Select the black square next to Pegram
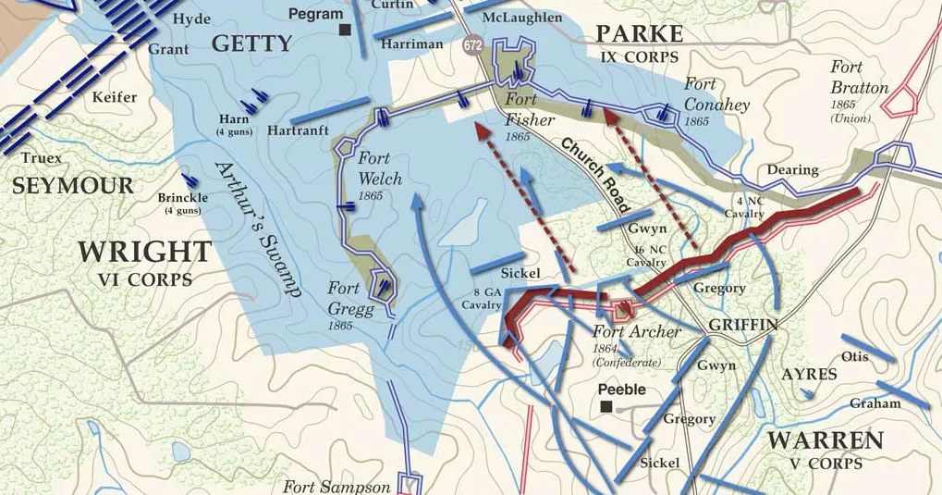click(x=345, y=30)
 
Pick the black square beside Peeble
click(x=606, y=406)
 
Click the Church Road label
click(x=596, y=173)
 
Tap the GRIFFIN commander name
click(x=743, y=325)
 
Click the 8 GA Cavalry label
click(x=481, y=298)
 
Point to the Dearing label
click(x=792, y=169)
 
